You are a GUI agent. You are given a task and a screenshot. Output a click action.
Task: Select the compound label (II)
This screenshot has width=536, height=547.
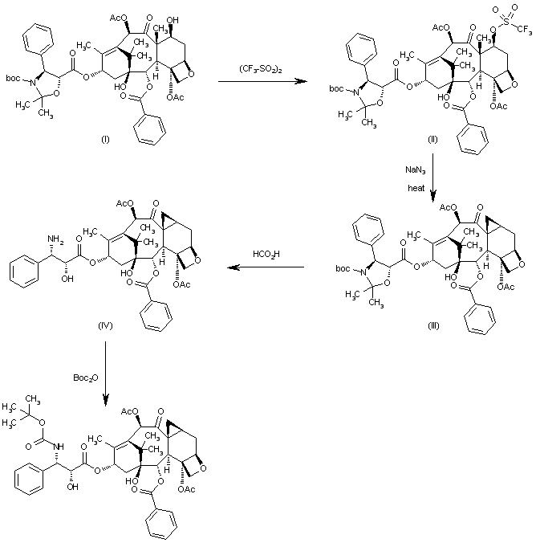pyautogui.click(x=432, y=139)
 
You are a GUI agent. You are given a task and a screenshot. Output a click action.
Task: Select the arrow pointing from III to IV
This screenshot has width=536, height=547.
pyautogui.click(x=264, y=268)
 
